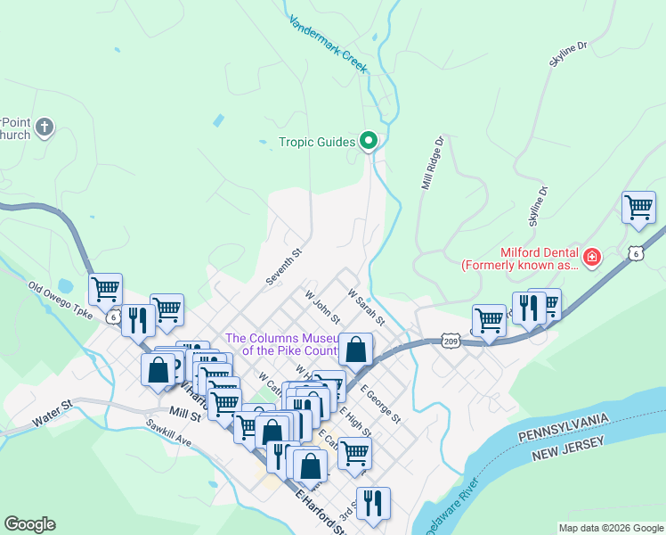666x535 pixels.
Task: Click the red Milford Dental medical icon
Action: pos(592,259)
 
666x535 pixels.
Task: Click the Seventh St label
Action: pos(285,267)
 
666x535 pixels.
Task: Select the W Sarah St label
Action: pos(366,307)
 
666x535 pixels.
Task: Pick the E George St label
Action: pos(381,404)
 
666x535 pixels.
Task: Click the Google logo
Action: pos(29,524)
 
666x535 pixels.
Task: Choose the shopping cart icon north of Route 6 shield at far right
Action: pos(638,208)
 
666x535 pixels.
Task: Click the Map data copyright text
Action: pos(610,528)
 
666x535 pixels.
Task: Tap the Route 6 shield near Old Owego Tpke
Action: pos(113,317)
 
